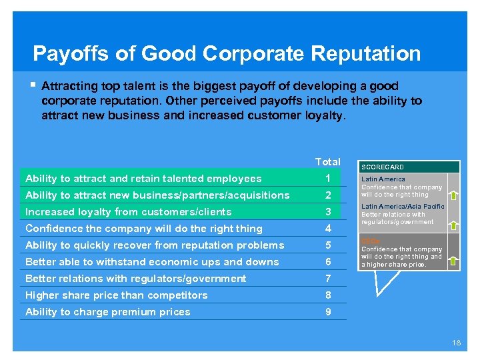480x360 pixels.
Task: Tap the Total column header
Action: [x=327, y=162]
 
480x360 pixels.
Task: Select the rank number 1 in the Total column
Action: [x=328, y=179]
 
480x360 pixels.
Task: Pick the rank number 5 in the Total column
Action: [x=328, y=245]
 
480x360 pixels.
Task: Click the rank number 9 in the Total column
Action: [x=328, y=312]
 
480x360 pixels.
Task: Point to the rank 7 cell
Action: [x=328, y=279]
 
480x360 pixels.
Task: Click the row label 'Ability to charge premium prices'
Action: [x=108, y=312]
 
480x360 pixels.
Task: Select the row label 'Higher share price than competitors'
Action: [x=117, y=295]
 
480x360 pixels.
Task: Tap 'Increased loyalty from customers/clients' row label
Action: [x=129, y=212]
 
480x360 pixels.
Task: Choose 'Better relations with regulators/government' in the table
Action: [x=136, y=279]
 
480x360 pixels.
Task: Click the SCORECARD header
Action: [x=383, y=167]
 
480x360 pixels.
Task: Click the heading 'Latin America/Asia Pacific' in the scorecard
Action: [x=403, y=207]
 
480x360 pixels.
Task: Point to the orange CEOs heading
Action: [x=371, y=241]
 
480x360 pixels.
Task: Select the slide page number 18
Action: [x=456, y=343]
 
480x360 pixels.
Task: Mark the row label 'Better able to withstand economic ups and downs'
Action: [x=152, y=262]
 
